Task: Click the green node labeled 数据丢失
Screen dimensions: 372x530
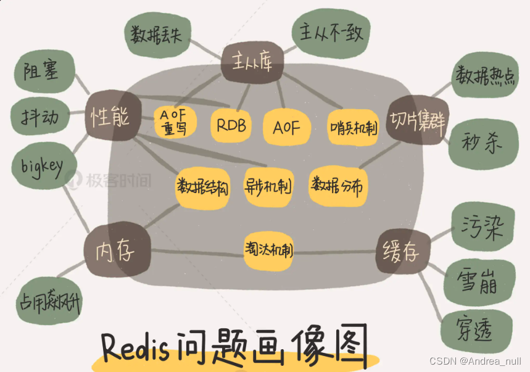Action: click(x=157, y=35)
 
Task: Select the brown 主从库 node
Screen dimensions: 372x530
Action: click(x=252, y=62)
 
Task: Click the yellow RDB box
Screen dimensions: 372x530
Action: click(x=231, y=126)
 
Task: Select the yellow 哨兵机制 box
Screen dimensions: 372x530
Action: click(x=353, y=128)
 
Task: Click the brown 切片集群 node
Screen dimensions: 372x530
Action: click(x=418, y=117)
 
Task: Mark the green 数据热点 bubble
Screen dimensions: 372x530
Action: click(x=486, y=75)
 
